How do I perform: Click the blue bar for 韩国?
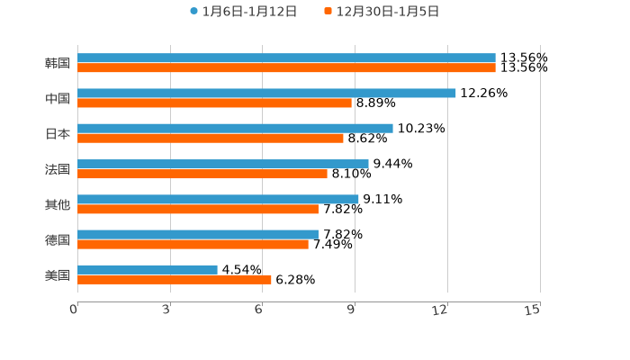(286, 58)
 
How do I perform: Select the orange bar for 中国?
(214, 103)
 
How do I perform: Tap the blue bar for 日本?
(235, 128)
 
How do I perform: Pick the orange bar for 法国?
(202, 174)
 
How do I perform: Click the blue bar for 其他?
(218, 199)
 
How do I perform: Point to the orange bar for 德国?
(193, 244)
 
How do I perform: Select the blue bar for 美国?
(148, 269)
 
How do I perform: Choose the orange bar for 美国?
(175, 279)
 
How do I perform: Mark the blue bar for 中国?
(266, 93)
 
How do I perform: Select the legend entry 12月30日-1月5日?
(387, 12)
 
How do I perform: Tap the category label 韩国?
(58, 63)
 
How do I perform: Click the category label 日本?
(58, 133)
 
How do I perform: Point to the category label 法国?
(58, 169)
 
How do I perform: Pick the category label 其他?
(58, 204)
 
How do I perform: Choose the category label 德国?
(58, 239)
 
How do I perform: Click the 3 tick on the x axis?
(166, 310)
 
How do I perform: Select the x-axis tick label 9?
(352, 310)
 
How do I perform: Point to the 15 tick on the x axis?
(533, 310)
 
